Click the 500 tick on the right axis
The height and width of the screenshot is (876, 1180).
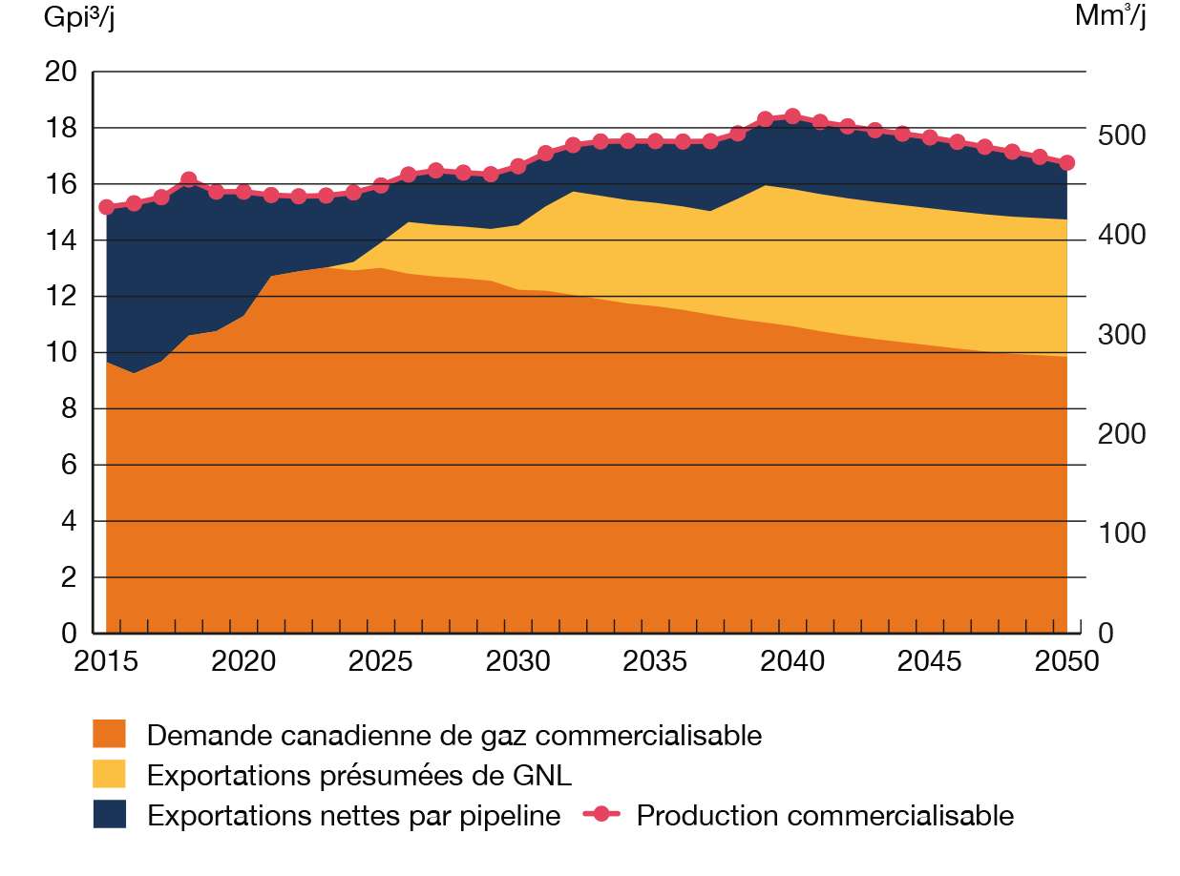1119,135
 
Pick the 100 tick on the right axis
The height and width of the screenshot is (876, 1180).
1119,532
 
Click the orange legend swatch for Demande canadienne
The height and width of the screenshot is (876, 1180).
110,735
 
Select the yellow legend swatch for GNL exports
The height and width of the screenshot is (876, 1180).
110,774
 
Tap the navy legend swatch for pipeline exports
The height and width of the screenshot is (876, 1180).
110,815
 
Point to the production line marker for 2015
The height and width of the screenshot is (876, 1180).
106,207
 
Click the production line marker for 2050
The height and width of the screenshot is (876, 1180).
1067,162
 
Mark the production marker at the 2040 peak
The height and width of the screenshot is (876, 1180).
792,115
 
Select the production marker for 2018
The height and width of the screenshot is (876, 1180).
188,178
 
